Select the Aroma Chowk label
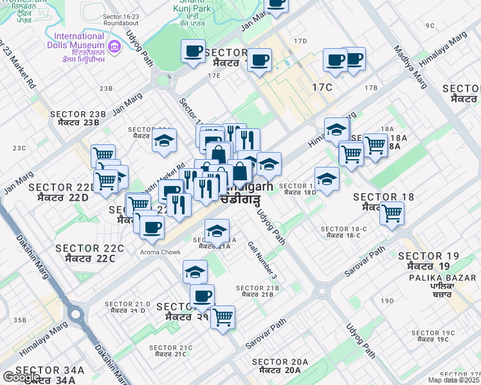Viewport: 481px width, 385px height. pyautogui.click(x=160, y=252)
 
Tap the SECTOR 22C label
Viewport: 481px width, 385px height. pyautogui.click(x=89, y=253)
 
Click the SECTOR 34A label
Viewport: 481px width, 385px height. pyautogui.click(x=50, y=375)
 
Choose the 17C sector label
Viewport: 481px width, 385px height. pyautogui.click(x=322, y=87)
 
